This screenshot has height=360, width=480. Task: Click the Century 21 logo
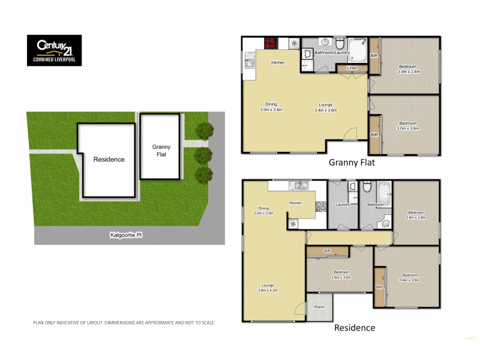[x=55, y=50]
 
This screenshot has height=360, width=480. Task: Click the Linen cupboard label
[x=352, y=68]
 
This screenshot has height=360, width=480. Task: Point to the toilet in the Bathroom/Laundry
[x=340, y=44]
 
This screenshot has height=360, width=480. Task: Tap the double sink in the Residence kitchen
[x=297, y=186]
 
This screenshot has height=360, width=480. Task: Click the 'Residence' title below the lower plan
[x=355, y=328]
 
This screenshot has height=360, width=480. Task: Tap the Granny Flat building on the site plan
[x=161, y=147]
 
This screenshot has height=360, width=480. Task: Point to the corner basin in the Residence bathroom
[x=384, y=223]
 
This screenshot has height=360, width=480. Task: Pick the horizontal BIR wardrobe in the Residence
[x=328, y=251]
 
